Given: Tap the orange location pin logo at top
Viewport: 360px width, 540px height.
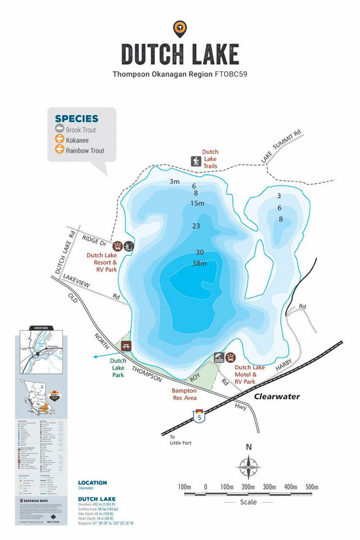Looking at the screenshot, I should click(x=180, y=28).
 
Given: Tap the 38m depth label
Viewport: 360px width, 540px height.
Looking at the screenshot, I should click(x=199, y=263).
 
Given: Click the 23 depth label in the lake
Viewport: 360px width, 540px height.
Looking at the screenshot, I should click(x=196, y=226).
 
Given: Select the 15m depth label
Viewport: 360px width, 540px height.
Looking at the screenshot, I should click(x=197, y=203).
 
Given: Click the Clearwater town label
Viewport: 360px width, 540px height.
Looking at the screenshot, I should click(x=277, y=397).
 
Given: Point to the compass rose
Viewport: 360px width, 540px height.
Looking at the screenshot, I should click(x=248, y=467).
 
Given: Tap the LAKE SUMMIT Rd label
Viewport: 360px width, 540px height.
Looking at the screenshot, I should click(x=281, y=148).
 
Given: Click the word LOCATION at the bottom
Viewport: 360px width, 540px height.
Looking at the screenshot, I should click(x=92, y=483).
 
